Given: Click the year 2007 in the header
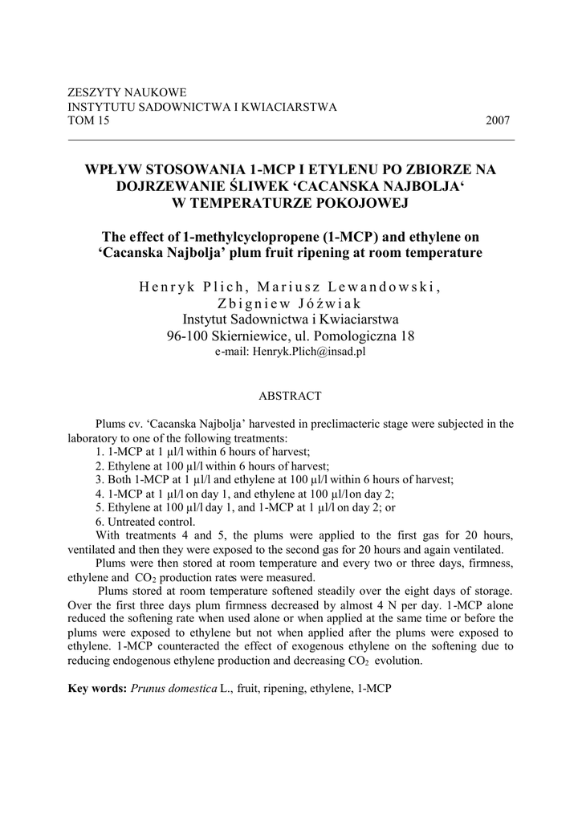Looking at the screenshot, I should pyautogui.click(x=498, y=120).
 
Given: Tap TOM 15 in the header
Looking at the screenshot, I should pyautogui.click(x=88, y=120).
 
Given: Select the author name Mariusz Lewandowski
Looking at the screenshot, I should pyautogui.click(x=350, y=288).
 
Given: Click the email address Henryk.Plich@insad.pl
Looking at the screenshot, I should pyautogui.click(x=308, y=351).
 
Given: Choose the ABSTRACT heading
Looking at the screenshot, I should pyautogui.click(x=290, y=396).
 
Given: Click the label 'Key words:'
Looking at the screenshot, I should pyautogui.click(x=97, y=689).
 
